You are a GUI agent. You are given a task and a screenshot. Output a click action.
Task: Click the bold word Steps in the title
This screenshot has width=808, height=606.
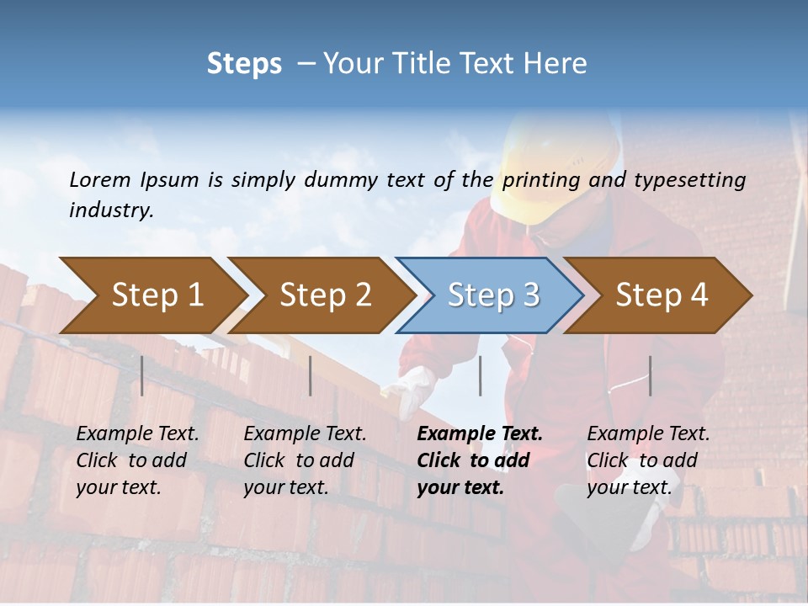[x=244, y=64]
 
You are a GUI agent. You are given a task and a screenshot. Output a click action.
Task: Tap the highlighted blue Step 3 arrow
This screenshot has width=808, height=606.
[x=493, y=295]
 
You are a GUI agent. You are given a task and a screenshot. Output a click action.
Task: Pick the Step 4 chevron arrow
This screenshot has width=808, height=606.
[x=662, y=295]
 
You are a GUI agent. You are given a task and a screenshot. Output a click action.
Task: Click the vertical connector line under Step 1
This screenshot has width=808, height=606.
[x=142, y=375]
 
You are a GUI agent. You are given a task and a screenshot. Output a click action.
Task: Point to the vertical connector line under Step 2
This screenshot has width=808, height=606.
[x=311, y=375]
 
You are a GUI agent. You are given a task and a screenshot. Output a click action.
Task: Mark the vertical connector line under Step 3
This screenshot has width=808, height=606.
[x=480, y=375]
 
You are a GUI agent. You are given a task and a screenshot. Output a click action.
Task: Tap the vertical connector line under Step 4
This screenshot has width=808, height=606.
[x=650, y=375]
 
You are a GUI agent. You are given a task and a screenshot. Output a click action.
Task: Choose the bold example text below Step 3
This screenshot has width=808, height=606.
[x=479, y=460]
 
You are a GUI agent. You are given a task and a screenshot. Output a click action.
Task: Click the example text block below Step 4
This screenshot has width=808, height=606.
[x=648, y=460]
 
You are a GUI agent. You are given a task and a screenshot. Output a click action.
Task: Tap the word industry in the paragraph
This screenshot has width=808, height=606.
[x=110, y=210]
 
